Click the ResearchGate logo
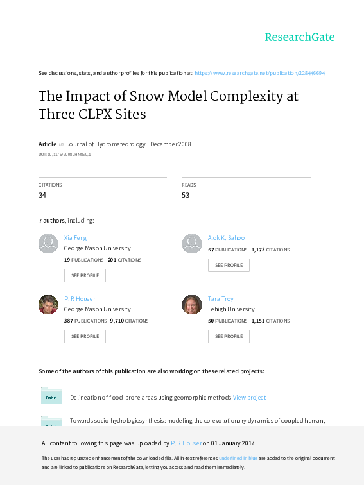pyautogui.click(x=300, y=37)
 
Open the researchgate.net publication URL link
pyautogui.click(x=260, y=73)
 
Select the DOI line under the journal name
pyautogui.click(x=64, y=154)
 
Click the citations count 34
pyautogui.click(x=42, y=195)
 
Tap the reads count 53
pyautogui.click(x=186, y=195)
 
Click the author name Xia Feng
pyautogui.click(x=75, y=237)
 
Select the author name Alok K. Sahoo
pyautogui.click(x=226, y=237)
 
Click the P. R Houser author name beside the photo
pyautogui.click(x=80, y=298)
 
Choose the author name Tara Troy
pyautogui.click(x=221, y=298)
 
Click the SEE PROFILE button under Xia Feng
pyautogui.click(x=85, y=275)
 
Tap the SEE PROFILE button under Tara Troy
pyautogui.click(x=229, y=336)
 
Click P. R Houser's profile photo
pyautogui.click(x=48, y=305)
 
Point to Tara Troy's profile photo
pyautogui.click(x=192, y=305)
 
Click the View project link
pyautogui.click(x=249, y=398)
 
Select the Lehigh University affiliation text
pyautogui.click(x=231, y=309)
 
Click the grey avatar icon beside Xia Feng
pyautogui.click(x=48, y=244)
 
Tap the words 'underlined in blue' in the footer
pyautogui.click(x=238, y=458)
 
